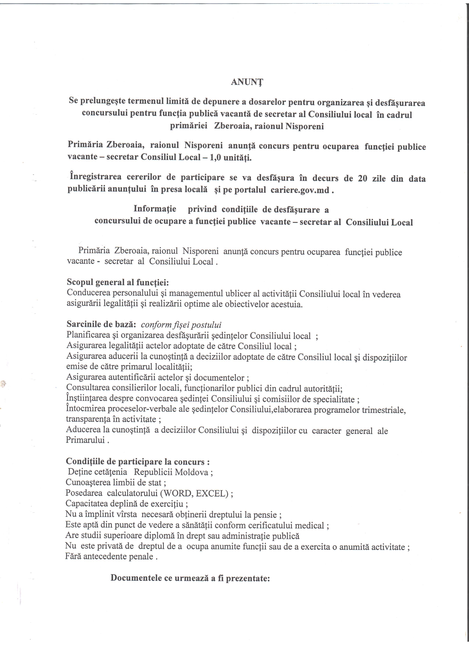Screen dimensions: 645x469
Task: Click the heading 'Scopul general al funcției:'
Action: (118, 282)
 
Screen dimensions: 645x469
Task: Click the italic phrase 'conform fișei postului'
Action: (181, 325)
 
